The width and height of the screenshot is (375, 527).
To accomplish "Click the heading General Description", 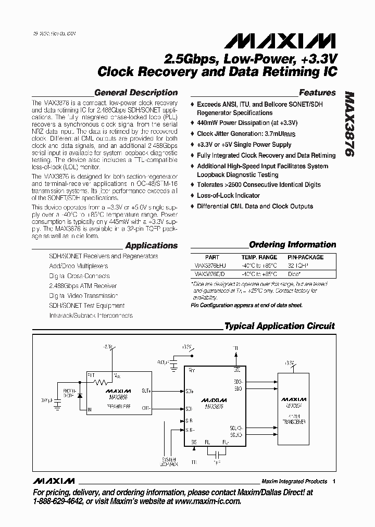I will [x=136, y=93].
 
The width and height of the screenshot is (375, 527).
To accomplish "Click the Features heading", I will [x=317, y=93].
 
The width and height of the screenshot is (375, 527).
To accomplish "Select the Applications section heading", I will [x=152, y=245].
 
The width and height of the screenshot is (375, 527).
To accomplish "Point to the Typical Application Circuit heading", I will [x=280, y=326].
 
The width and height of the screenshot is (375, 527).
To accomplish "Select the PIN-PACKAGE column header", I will [x=306, y=257].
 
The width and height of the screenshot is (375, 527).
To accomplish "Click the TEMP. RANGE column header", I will [x=259, y=257].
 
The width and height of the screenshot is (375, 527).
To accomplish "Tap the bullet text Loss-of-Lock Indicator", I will [x=228, y=195].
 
